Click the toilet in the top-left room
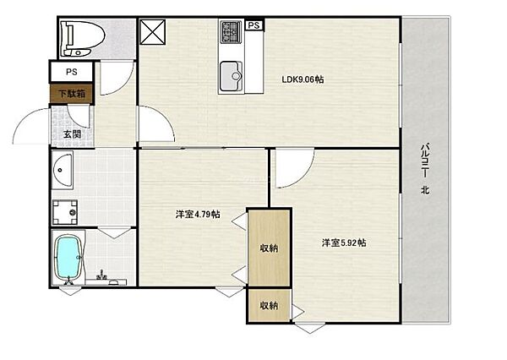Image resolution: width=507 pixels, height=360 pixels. [x=84, y=38]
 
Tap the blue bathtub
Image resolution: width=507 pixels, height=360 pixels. [x=68, y=257]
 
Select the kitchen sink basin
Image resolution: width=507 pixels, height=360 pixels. [x=231, y=76]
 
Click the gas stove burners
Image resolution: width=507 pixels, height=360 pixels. [x=231, y=32]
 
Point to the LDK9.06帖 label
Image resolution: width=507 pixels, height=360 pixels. [x=303, y=79]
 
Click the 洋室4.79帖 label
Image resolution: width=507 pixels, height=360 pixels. [x=198, y=214]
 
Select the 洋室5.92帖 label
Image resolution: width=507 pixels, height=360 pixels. [x=344, y=243]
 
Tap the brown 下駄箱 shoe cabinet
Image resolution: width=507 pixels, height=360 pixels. [x=72, y=94]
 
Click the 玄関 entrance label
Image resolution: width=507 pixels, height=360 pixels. [x=72, y=134]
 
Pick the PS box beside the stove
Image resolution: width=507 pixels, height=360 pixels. [x=254, y=25]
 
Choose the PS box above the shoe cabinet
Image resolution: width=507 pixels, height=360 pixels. [x=72, y=72]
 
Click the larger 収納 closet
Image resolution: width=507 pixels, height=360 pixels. [x=269, y=248]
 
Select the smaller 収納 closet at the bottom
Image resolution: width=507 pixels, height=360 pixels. [x=269, y=305]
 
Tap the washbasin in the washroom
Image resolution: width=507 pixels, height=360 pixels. [x=63, y=170]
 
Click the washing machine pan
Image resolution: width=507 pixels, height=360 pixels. [x=65, y=212]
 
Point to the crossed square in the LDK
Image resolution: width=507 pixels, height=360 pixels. [x=153, y=32]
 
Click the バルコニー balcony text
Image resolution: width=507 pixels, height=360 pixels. [x=425, y=160]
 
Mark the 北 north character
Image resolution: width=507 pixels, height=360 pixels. [x=425, y=190]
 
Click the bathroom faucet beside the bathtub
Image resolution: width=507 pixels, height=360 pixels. [x=102, y=275]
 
